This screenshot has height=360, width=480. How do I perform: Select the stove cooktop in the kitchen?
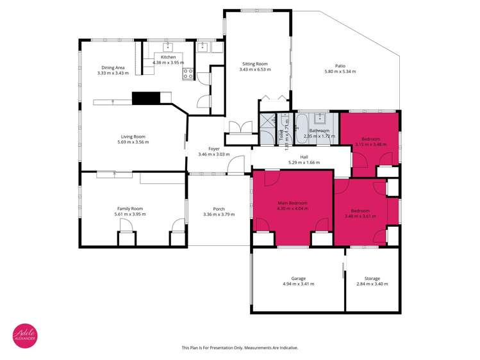click(188, 73)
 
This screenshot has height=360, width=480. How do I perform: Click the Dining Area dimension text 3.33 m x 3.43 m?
click(113, 73)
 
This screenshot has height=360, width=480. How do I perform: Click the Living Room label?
click(133, 136)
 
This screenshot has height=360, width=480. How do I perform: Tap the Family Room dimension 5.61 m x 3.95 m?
click(129, 214)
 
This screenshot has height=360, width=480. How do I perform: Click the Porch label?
click(218, 208)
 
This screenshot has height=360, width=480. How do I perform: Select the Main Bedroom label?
click(292, 203)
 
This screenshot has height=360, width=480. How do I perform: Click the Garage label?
click(298, 278)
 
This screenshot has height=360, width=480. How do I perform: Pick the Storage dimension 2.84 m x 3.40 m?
click(372, 284)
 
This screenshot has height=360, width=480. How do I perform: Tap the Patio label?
click(340, 65)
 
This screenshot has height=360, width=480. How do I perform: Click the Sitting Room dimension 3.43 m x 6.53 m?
click(254, 69)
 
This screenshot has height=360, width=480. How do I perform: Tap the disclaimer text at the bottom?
click(240, 348)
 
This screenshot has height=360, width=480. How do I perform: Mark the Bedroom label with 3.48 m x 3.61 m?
click(360, 211)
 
